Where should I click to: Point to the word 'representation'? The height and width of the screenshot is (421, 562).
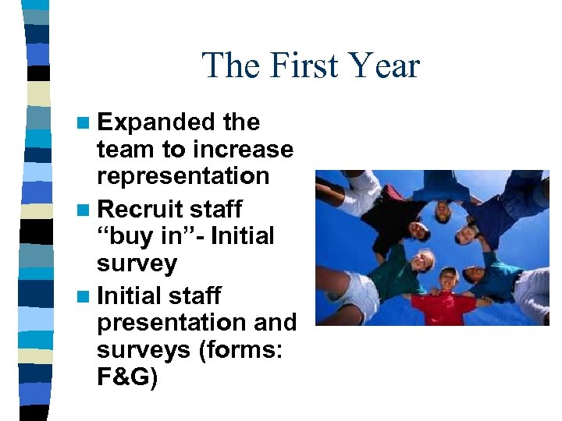pyautogui.click(x=183, y=175)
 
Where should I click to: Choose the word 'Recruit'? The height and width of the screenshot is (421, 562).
pyautogui.click(x=140, y=209)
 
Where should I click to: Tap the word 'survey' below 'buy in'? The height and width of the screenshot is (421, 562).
pyautogui.click(x=137, y=264)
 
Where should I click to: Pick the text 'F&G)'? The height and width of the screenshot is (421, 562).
pyautogui.click(x=127, y=379)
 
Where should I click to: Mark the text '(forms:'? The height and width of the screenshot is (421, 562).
pyautogui.click(x=244, y=350)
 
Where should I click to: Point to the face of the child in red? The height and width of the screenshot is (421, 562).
pyautogui.click(x=446, y=279)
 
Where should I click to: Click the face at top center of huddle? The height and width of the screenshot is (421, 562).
pyautogui.click(x=442, y=208)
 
